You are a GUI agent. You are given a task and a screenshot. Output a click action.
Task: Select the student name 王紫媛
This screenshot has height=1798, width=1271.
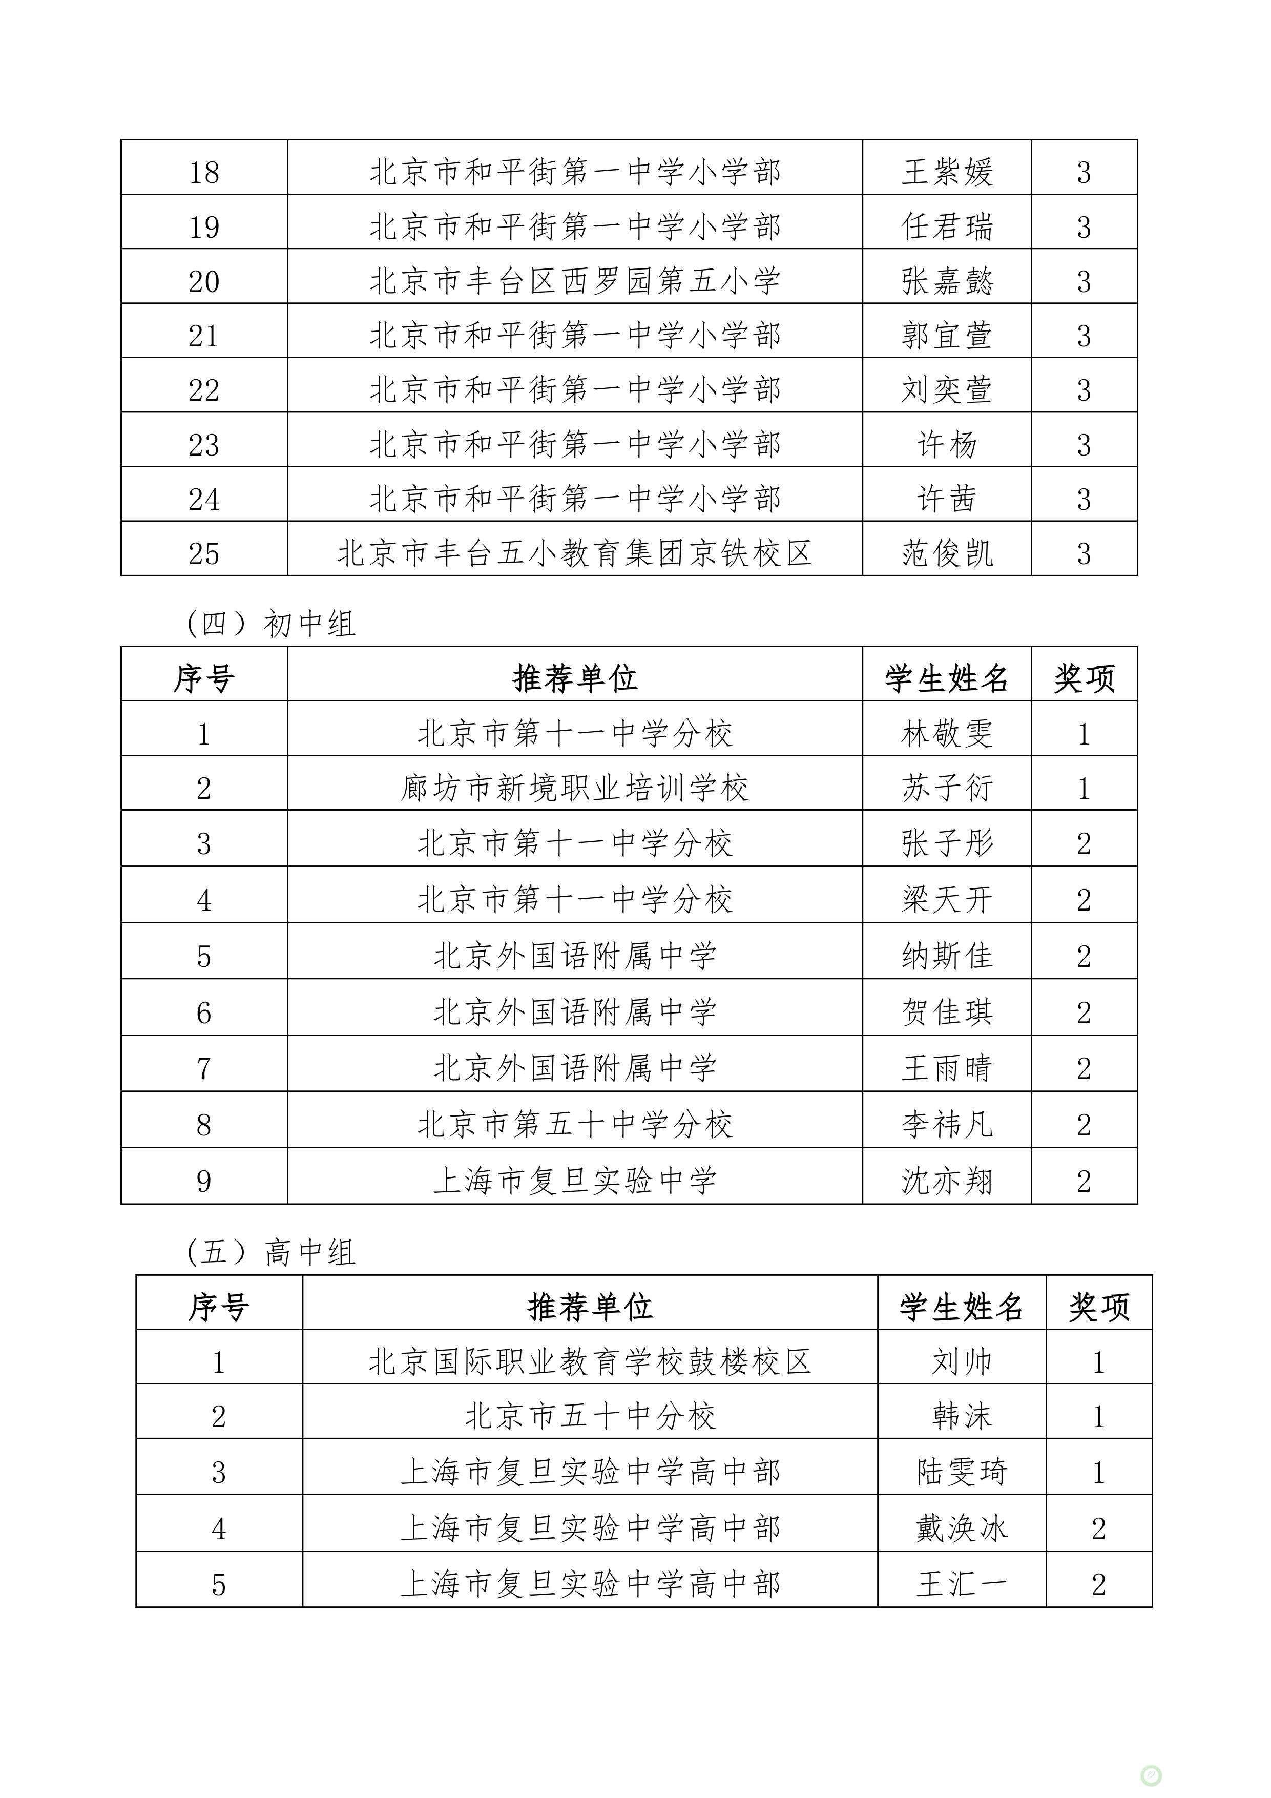pyautogui.click(x=946, y=172)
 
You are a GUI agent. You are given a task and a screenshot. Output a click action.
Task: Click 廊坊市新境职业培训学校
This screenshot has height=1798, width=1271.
pyautogui.click(x=575, y=788)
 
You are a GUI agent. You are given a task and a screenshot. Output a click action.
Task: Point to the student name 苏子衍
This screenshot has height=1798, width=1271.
pyautogui.click(x=946, y=788)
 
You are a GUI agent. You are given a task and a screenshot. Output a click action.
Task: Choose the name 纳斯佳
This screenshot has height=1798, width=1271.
pyautogui.click(x=946, y=956)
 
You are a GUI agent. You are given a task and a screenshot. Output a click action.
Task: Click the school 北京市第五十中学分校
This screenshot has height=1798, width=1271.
pyautogui.click(x=575, y=1125)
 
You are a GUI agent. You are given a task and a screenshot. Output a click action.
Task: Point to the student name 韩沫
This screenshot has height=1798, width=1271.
pyautogui.click(x=961, y=1416)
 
